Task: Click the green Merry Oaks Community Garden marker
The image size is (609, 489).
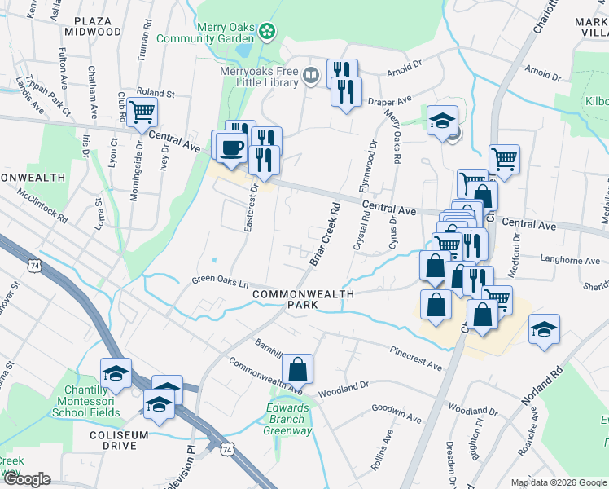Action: click(266, 33)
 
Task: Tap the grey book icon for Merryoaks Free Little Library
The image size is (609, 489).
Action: click(310, 77)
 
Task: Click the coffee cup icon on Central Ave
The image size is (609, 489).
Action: click(231, 148)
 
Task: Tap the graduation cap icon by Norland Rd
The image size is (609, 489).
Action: click(544, 328)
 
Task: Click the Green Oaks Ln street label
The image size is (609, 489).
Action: click(220, 282)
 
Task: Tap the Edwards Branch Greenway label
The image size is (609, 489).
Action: click(287, 420)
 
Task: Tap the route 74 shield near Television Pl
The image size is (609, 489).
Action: click(226, 447)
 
